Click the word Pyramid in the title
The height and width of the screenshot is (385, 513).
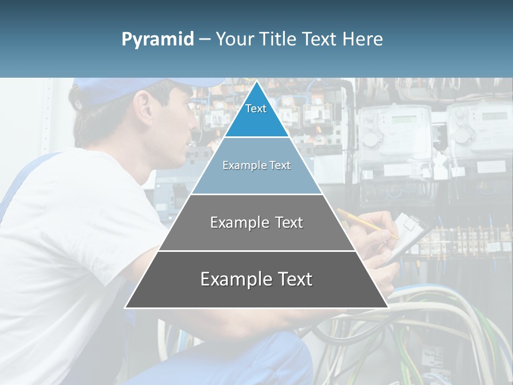pos(158,40)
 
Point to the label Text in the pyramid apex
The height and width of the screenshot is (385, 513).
pos(256,109)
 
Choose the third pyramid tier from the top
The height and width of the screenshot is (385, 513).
pos(256,235)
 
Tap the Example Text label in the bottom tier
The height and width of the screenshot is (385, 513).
pos(256,279)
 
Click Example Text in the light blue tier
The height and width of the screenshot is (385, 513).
pos(256,165)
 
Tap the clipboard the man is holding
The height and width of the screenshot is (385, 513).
pos(409,235)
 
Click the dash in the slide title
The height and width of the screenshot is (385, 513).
pos(204,40)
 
